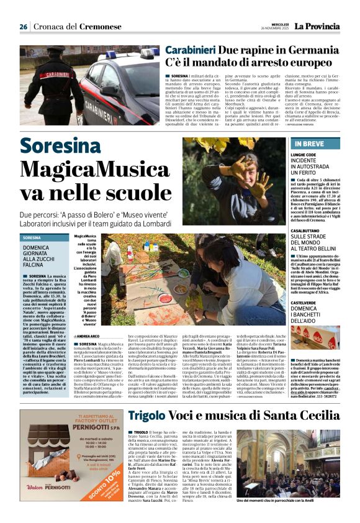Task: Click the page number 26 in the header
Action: point(23,27)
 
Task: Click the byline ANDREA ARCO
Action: point(88,336)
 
